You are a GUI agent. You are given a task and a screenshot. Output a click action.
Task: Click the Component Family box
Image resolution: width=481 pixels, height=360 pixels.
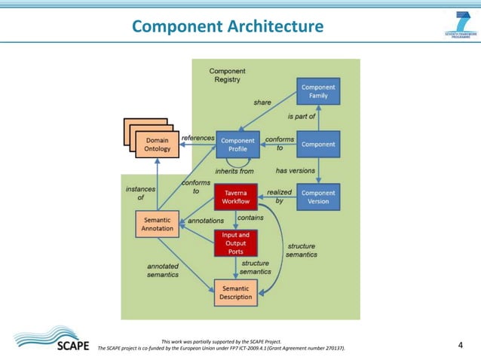[317, 92]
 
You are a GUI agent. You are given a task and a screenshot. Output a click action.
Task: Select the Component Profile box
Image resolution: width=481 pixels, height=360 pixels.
[237, 145]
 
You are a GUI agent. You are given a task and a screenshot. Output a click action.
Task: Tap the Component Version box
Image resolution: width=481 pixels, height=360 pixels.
[317, 197]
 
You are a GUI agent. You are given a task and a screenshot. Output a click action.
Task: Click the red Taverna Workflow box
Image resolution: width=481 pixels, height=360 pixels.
[236, 197]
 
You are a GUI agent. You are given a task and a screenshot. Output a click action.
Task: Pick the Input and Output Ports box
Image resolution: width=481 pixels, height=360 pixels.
[235, 243]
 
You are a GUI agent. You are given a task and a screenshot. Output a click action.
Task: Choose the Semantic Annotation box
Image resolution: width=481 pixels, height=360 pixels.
[157, 224]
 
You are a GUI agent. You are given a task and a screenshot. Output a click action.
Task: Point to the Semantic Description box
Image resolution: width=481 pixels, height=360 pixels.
[235, 292]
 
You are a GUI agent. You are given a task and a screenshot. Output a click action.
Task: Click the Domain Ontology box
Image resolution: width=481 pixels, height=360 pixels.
[157, 145]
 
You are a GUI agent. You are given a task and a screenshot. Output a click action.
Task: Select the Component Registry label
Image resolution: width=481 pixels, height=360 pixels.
[227, 75]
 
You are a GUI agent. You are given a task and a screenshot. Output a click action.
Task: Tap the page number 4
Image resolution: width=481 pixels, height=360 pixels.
[461, 345]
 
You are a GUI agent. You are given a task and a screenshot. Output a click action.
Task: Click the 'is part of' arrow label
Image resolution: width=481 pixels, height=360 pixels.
[302, 117]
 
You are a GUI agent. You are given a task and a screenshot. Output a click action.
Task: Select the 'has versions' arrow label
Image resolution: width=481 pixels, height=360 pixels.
[296, 170]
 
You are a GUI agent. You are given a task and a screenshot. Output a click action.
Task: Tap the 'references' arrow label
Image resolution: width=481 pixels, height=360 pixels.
[198, 138]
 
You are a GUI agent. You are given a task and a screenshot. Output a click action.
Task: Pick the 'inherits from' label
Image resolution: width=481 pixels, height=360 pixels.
[234, 171]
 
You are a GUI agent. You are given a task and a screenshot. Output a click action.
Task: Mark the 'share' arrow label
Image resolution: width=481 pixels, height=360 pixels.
[262, 102]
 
